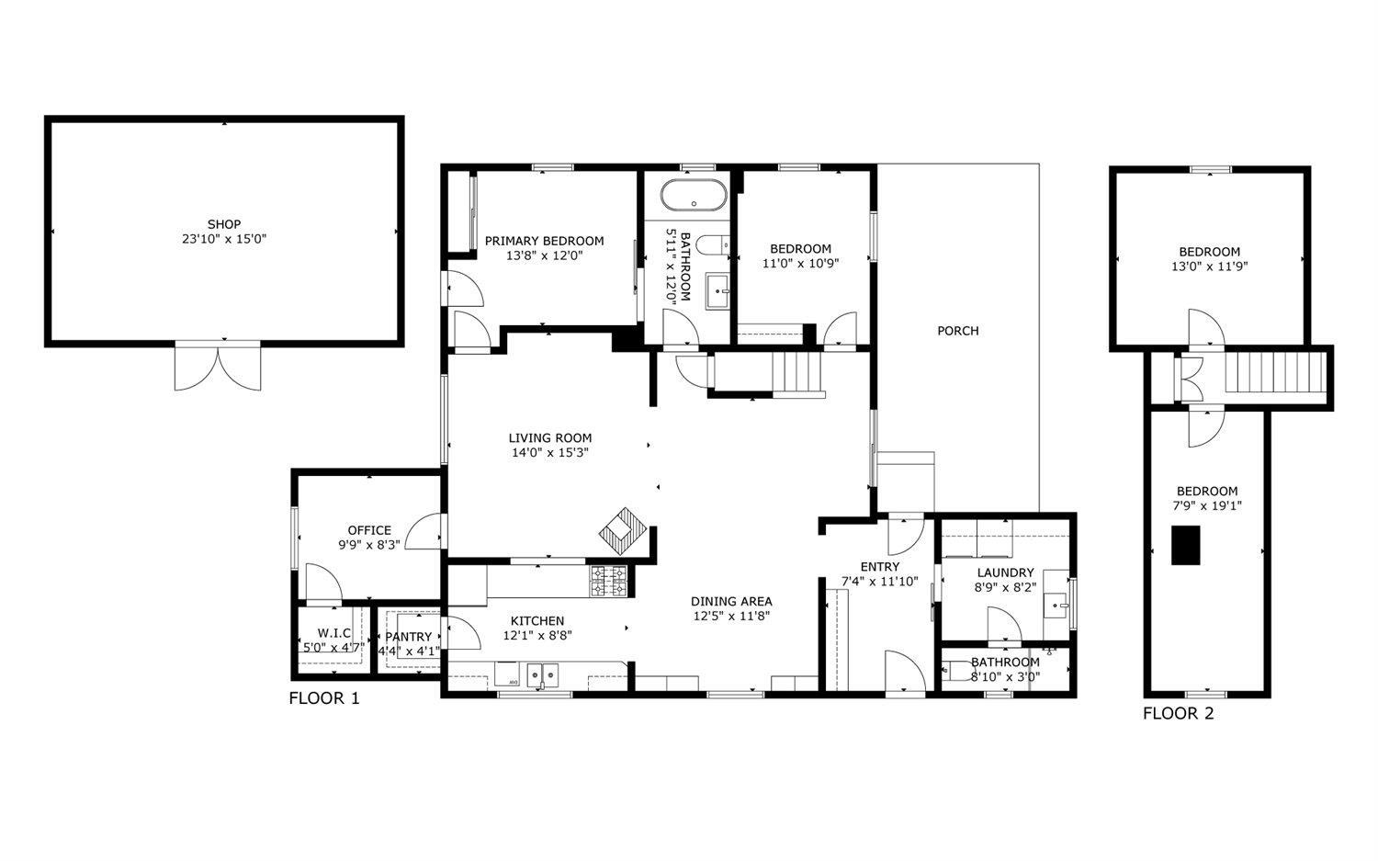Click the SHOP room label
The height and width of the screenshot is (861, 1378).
pyautogui.click(x=223, y=224)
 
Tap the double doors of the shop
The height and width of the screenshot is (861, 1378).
pyautogui.click(x=218, y=366)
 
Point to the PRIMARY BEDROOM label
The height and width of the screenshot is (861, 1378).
pyautogui.click(x=544, y=241)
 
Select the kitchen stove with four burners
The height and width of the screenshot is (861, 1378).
pyautogui.click(x=608, y=582)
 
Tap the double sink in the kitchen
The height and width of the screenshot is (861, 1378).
pyautogui.click(x=542, y=675)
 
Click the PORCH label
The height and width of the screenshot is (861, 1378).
pyautogui.click(x=957, y=331)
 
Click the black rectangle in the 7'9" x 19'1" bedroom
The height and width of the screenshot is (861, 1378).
pyautogui.click(x=1185, y=545)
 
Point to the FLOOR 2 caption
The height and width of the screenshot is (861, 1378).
pyautogui.click(x=1178, y=713)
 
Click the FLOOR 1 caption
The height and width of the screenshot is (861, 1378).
pyautogui.click(x=324, y=698)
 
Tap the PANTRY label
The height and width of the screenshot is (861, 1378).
pyautogui.click(x=409, y=637)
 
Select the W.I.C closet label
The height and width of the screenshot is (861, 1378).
pyautogui.click(x=333, y=633)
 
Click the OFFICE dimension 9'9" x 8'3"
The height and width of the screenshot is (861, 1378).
pyautogui.click(x=369, y=545)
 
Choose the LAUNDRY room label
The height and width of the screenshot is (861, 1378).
pyautogui.click(x=1005, y=572)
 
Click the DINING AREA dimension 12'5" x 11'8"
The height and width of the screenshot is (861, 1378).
pyautogui.click(x=730, y=617)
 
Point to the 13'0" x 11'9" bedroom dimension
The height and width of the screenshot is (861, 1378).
pyautogui.click(x=1209, y=266)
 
